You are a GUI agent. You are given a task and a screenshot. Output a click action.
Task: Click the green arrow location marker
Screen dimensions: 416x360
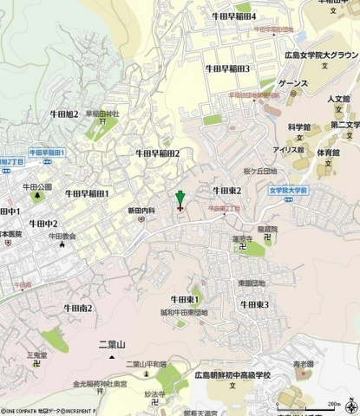[x=180, y=198]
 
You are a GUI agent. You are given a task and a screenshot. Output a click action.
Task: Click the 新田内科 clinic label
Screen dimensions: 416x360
[x=141, y=211]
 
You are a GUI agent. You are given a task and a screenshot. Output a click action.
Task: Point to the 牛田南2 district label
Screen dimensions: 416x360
[x=77, y=308]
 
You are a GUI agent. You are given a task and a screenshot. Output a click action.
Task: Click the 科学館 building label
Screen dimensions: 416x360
[x=300, y=126]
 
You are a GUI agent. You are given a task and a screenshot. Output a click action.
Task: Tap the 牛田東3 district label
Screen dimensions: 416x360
[x=254, y=304]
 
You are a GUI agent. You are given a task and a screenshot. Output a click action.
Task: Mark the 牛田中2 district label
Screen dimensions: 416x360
[x=43, y=224]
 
